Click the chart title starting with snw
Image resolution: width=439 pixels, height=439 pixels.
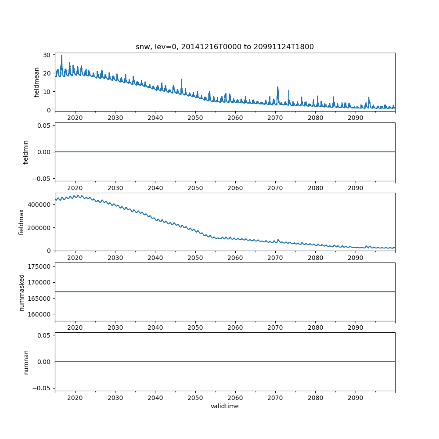[224, 47]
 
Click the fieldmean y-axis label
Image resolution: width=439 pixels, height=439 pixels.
[37, 82]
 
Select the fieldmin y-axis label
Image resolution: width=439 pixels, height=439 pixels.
[26, 152]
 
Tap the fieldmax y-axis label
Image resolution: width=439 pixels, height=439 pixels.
[22, 222]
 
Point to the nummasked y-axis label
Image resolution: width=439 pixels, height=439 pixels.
[22, 292]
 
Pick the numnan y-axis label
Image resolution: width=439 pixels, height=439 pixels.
[26, 362]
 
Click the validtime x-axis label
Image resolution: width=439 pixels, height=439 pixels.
[224, 407]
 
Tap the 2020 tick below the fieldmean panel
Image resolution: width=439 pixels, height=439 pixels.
[75, 118]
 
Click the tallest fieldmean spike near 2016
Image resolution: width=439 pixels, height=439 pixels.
[61, 56]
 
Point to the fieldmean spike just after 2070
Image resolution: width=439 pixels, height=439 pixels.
[278, 87]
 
